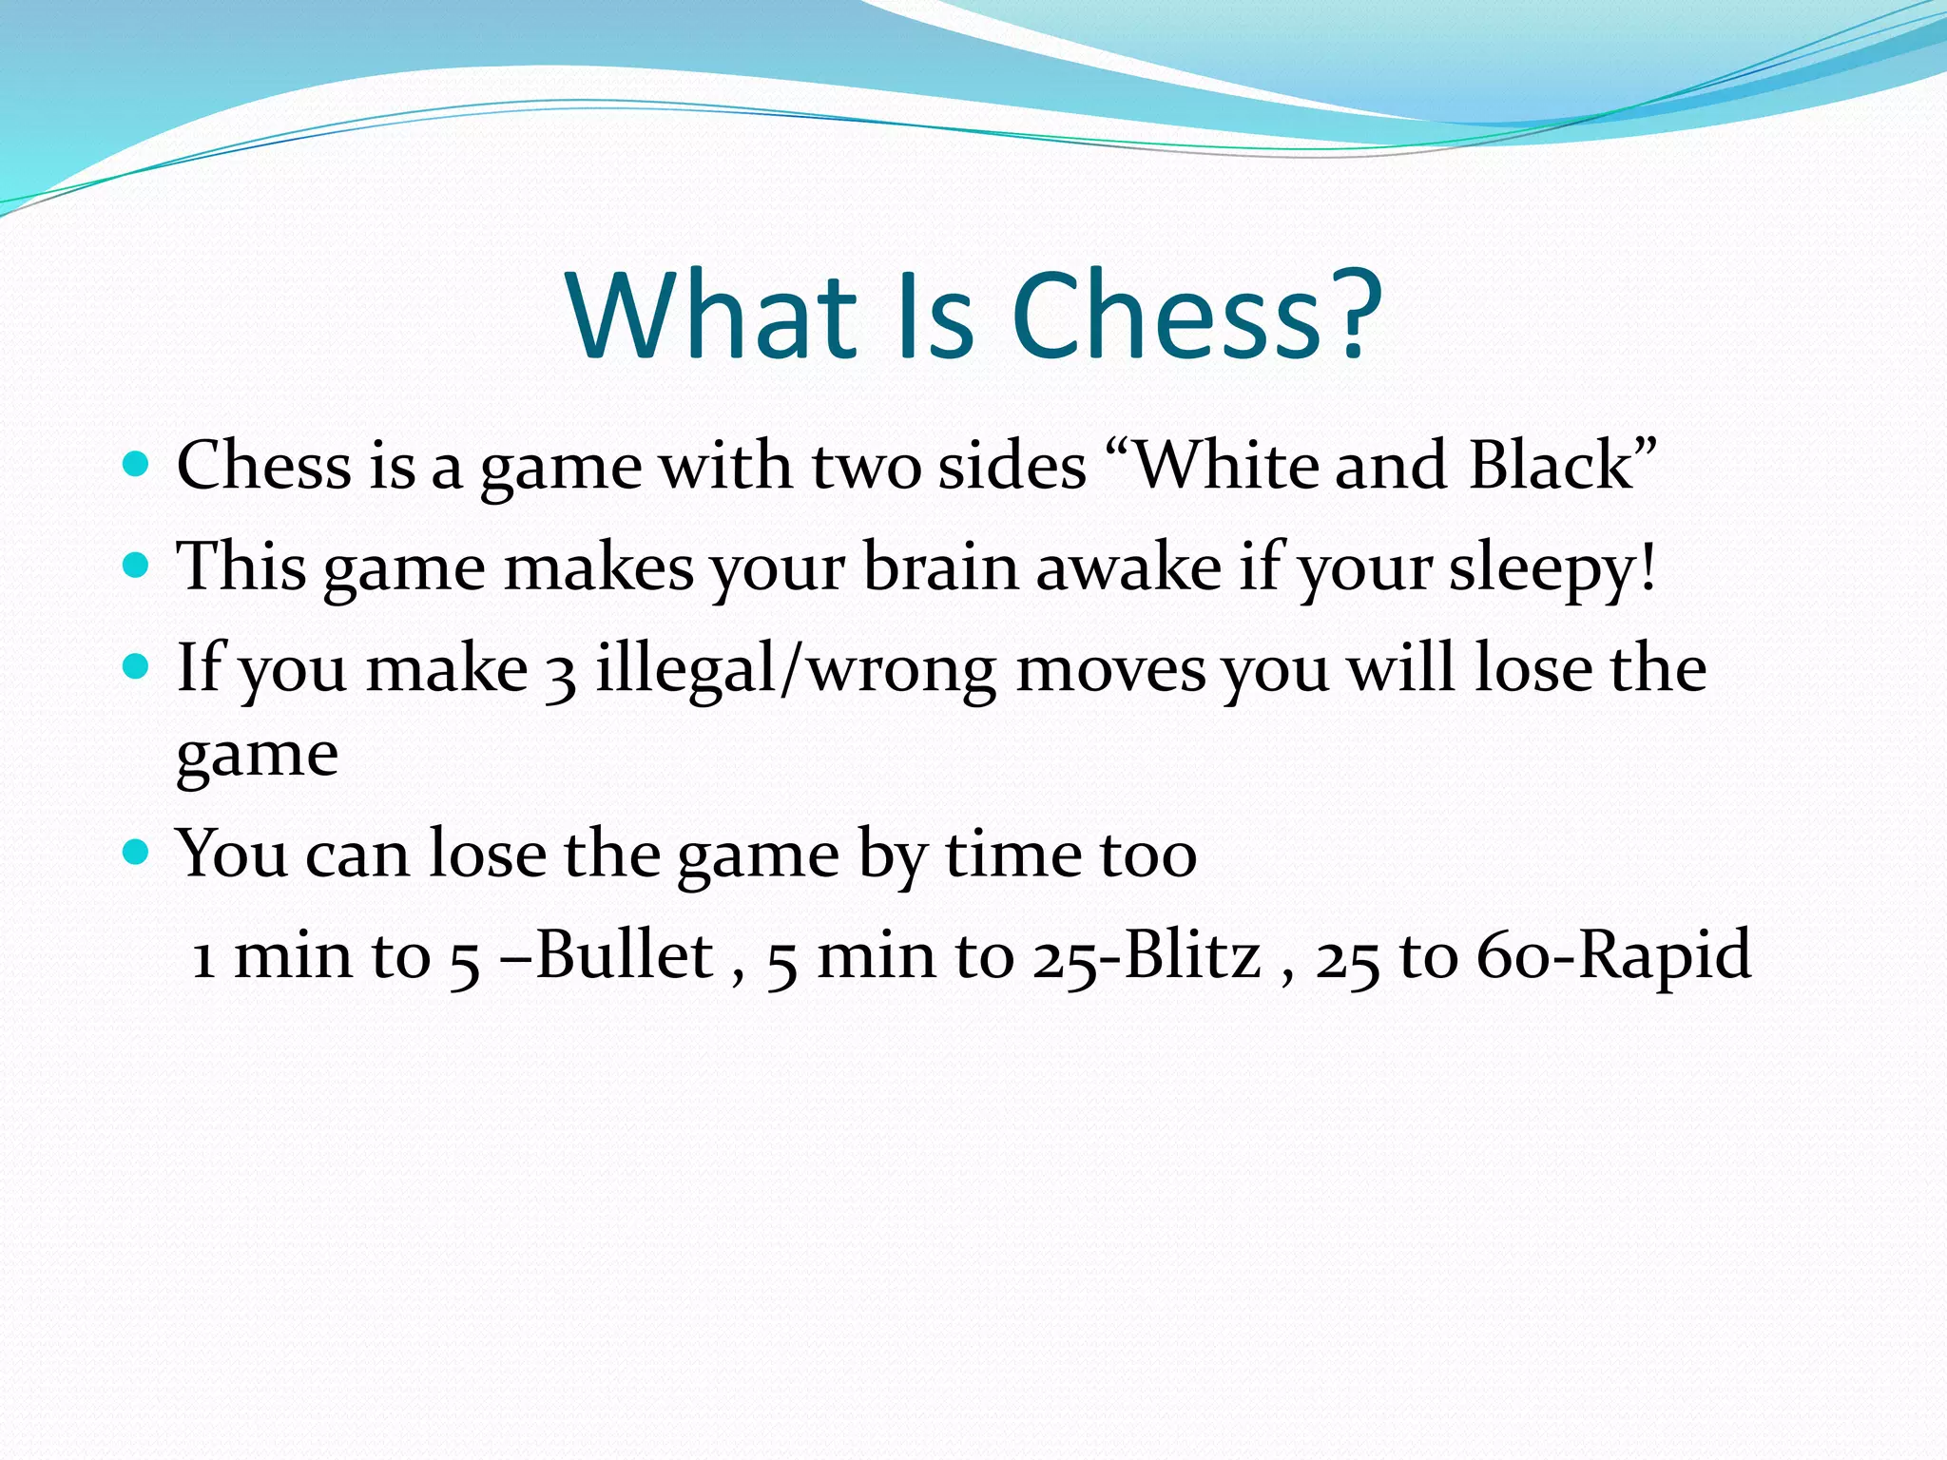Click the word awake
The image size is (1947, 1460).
[1128, 567]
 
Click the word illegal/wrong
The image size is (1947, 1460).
[795, 670]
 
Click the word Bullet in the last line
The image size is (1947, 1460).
[624, 954]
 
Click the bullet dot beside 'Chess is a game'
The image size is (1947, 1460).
[137, 465]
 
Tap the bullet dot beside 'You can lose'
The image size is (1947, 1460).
[137, 852]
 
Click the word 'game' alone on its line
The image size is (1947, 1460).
[257, 757]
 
